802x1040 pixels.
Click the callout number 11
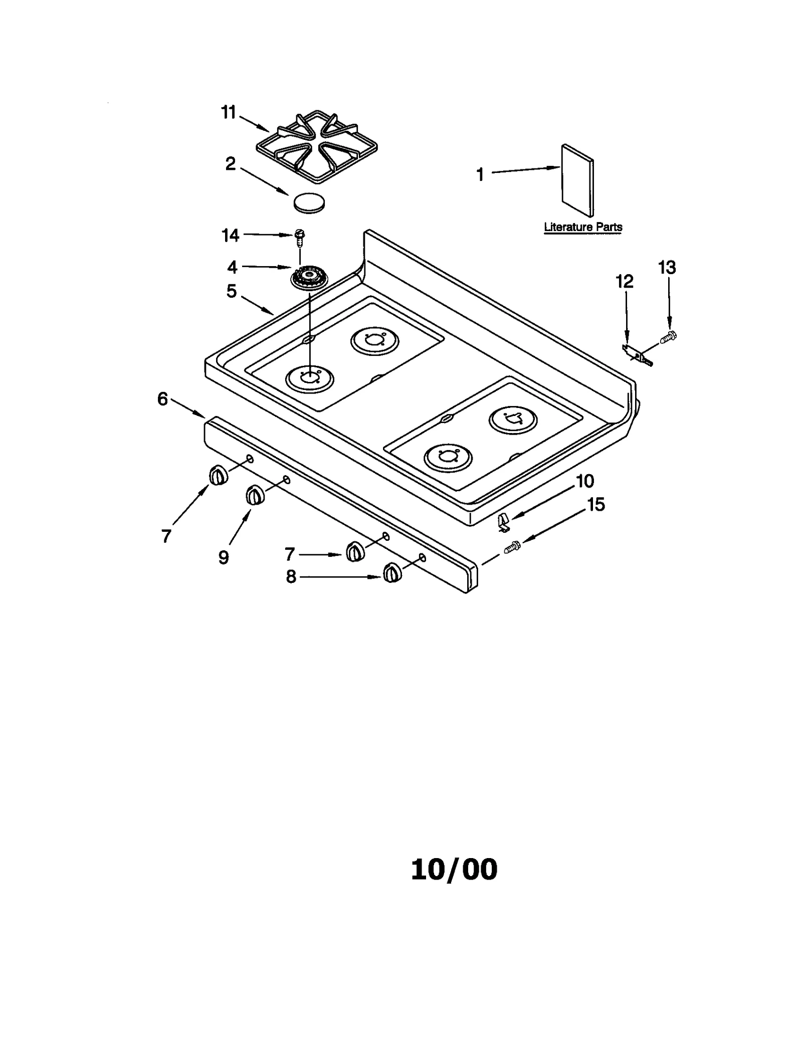click(x=229, y=113)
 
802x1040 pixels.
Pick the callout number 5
click(x=231, y=291)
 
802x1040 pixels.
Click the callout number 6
click(x=162, y=399)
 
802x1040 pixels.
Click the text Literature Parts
click(x=583, y=227)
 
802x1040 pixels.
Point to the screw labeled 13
click(x=668, y=338)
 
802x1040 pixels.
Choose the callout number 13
click(x=667, y=268)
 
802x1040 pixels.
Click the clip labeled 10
click(x=504, y=522)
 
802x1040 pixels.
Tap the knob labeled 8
click(x=392, y=572)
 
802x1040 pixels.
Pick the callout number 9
click(x=224, y=557)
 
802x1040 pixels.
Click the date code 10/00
click(x=454, y=870)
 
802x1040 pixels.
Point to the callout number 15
click(x=596, y=504)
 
